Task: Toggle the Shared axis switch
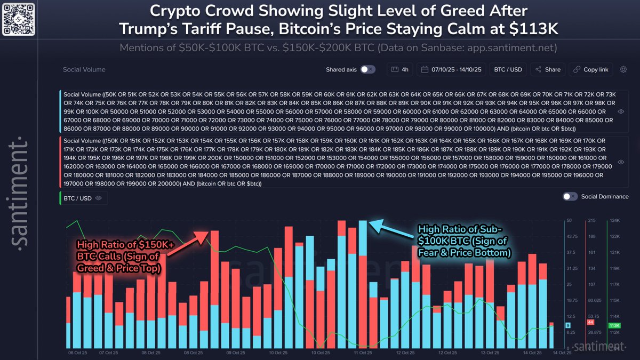[x=367, y=69]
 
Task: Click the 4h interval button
[x=400, y=69]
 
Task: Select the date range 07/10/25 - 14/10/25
[x=452, y=69]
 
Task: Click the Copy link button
[x=590, y=69]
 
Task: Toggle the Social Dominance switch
[x=570, y=196]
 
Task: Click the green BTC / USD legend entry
[x=78, y=197]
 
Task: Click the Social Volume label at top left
[x=84, y=70]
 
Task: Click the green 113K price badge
[x=614, y=325]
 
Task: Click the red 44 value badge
[x=590, y=322]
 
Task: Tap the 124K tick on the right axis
[x=614, y=220]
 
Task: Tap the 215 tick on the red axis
[x=590, y=220]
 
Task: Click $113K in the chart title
[x=535, y=28]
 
